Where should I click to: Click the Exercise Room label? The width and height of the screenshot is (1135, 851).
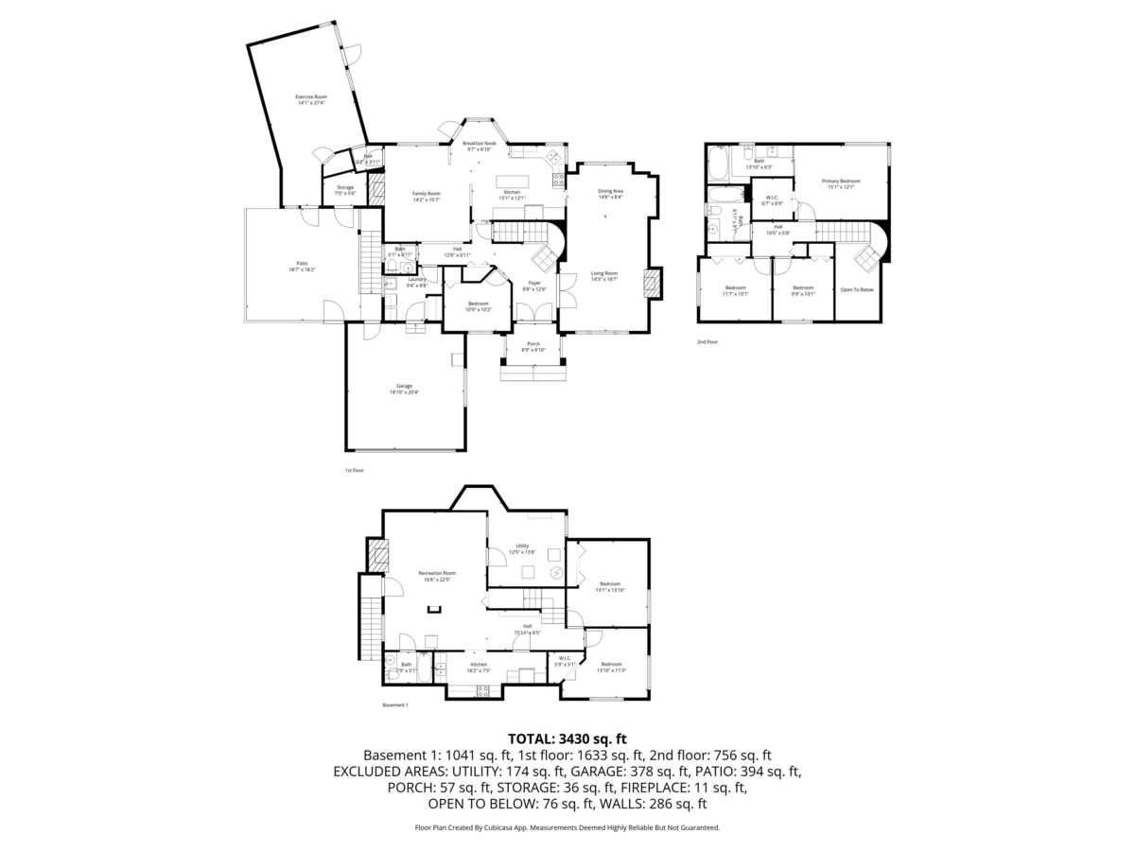(310, 99)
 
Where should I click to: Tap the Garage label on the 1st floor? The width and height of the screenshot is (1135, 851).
(404, 389)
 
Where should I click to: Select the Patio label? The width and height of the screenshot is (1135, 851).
(302, 267)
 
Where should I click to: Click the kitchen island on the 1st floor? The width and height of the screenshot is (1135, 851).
(512, 180)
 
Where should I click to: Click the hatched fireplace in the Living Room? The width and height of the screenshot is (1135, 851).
(652, 284)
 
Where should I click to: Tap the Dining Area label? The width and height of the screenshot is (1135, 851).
(610, 194)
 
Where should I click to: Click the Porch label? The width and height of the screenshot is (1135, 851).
(533, 346)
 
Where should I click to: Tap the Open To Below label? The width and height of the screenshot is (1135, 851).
(857, 289)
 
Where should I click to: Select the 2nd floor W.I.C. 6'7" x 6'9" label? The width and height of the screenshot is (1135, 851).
(772, 200)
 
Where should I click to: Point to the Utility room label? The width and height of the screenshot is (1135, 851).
(522, 549)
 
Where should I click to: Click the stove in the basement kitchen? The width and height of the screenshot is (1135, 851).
(482, 689)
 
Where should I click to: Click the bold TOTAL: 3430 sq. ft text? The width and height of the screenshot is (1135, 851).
(567, 738)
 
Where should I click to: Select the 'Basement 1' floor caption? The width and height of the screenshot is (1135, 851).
(394, 705)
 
